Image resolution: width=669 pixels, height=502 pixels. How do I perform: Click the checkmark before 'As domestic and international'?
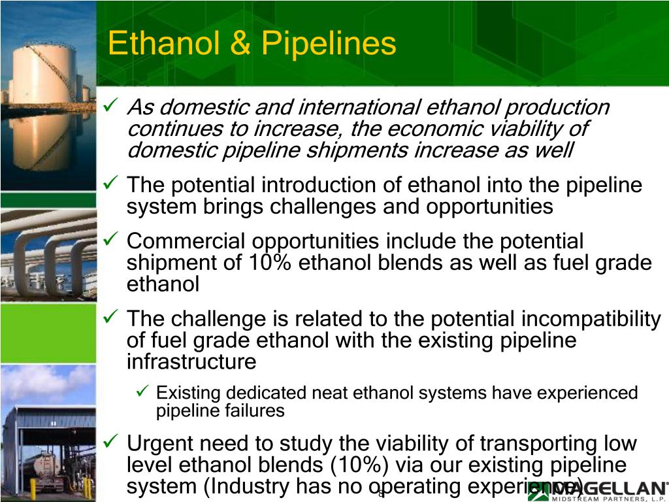[x=111, y=106]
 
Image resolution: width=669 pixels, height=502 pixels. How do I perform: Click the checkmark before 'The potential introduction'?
[x=111, y=184]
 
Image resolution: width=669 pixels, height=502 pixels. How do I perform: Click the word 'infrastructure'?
[x=191, y=361]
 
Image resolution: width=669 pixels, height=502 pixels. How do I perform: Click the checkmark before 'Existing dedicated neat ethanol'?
[x=145, y=392]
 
